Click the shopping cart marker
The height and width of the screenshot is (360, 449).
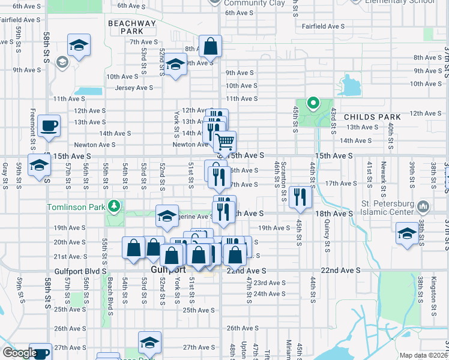coord(224,142)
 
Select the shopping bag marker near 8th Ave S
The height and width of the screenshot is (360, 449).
coord(210,46)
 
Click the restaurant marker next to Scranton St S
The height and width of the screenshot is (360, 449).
coord(300,196)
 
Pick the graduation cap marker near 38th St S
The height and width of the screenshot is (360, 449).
coord(407,233)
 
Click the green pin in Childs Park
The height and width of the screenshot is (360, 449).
coord(312,103)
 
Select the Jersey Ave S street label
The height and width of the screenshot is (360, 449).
coord(134,88)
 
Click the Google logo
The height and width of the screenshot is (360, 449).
coord(20,353)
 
